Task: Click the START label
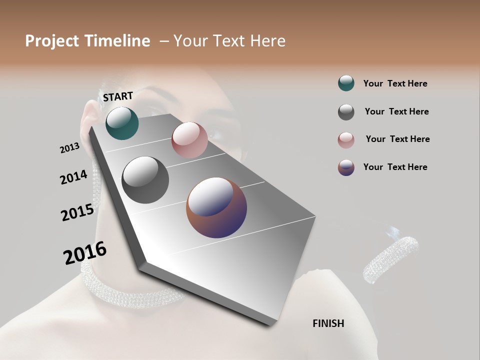pyautogui.click(x=118, y=96)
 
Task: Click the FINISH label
pyautogui.click(x=328, y=323)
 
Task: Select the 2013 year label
pyautogui.click(x=69, y=147)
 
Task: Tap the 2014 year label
pyautogui.click(x=73, y=177)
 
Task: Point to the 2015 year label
pyautogui.click(x=77, y=212)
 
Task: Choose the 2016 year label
pyautogui.click(x=85, y=253)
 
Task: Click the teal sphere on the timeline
pyautogui.click(x=122, y=123)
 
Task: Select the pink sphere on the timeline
pyautogui.click(x=189, y=140)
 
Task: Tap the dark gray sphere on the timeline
pyautogui.click(x=145, y=180)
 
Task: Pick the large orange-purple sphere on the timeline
pyautogui.click(x=216, y=207)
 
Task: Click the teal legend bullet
pyautogui.click(x=346, y=83)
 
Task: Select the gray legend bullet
pyautogui.click(x=346, y=112)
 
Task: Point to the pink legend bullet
pyautogui.click(x=346, y=140)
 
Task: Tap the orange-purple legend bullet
pyautogui.click(x=346, y=167)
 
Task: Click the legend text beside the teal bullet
pyautogui.click(x=395, y=83)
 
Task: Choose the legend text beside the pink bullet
pyautogui.click(x=397, y=139)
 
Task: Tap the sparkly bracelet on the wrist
pyautogui.click(x=390, y=259)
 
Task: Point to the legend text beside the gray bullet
pyautogui.click(x=396, y=111)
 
